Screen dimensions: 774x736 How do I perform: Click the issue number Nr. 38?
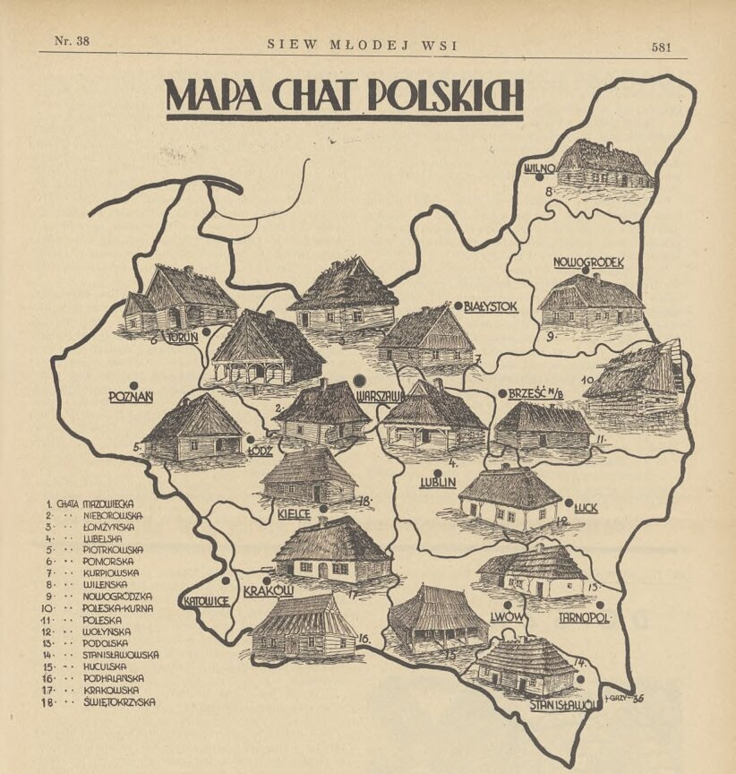[72, 41]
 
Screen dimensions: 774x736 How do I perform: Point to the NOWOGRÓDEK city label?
[587, 263]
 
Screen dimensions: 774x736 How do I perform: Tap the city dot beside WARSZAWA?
[359, 380]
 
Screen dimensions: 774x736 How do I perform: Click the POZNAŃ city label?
[132, 397]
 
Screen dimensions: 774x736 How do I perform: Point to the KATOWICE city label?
[206, 600]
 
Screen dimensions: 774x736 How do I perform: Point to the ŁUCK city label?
[587, 508]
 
